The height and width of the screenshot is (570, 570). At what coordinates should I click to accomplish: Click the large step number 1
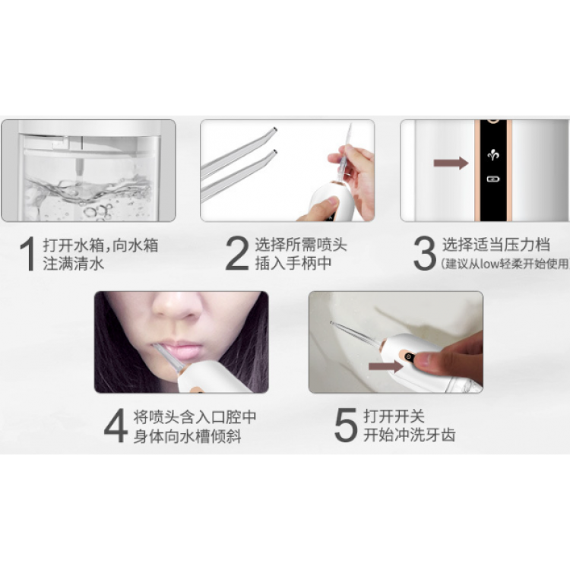click(x=28, y=254)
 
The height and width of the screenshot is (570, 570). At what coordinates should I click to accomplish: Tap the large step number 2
click(x=237, y=253)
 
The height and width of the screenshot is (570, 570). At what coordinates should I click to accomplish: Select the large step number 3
click(x=425, y=253)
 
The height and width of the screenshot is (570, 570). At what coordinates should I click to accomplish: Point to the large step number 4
click(x=116, y=426)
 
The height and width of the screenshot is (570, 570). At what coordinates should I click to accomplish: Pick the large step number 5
click(x=346, y=425)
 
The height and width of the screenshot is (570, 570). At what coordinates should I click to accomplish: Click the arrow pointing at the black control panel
click(x=451, y=163)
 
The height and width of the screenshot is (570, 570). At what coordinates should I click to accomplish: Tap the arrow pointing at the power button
click(x=386, y=366)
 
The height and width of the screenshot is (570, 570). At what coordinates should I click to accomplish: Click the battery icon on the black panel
click(x=493, y=179)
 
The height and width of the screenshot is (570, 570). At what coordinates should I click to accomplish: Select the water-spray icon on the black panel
click(x=493, y=156)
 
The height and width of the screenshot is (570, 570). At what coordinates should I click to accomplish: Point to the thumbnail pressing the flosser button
click(x=425, y=360)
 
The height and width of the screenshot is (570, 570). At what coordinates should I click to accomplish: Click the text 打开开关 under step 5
click(x=394, y=416)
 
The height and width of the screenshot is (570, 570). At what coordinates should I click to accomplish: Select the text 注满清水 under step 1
click(x=73, y=264)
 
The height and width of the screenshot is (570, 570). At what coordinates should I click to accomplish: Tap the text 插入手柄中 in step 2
click(x=293, y=263)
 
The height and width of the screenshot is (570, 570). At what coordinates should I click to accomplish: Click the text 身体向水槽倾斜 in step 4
click(x=187, y=436)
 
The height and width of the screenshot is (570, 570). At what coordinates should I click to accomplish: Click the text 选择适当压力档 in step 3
click(x=496, y=245)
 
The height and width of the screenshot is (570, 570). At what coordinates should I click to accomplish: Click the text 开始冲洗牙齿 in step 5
click(x=410, y=435)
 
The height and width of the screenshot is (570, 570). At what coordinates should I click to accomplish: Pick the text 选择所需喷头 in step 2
click(x=301, y=245)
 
